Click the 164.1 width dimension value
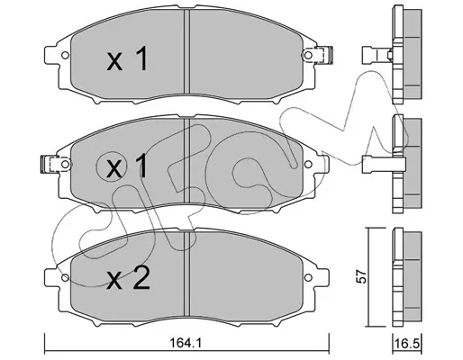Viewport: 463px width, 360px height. (x=186, y=342)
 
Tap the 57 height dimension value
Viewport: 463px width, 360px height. (x=362, y=276)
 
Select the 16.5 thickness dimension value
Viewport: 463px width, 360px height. (x=408, y=344)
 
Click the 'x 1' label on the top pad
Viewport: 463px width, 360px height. (x=127, y=58)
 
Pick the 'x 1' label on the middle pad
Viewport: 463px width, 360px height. (x=127, y=166)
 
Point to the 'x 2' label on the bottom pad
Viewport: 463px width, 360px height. (x=128, y=278)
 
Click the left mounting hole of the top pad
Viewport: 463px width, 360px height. (x=65, y=56)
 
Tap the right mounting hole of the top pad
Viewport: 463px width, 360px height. (x=308, y=55)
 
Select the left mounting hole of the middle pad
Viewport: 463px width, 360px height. (x=65, y=164)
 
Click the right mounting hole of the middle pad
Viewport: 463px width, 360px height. (x=308, y=165)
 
